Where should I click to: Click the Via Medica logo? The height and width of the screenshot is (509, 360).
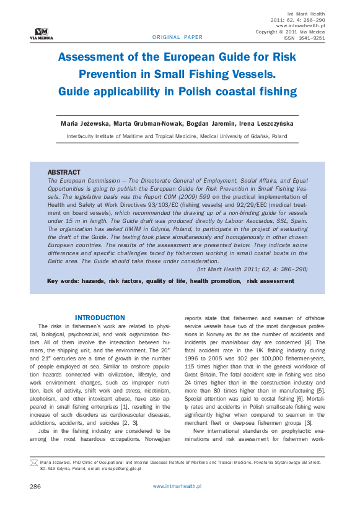(42, 33)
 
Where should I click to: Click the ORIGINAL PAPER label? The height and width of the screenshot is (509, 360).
(177, 37)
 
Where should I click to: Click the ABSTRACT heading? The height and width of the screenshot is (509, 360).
(64, 172)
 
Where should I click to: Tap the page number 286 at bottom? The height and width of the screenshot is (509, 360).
(35, 486)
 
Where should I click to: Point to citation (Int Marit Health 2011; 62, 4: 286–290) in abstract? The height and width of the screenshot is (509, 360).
(252, 269)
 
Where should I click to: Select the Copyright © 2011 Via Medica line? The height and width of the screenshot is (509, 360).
(290, 31)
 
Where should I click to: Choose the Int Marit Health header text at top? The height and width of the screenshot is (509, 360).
(307, 14)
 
